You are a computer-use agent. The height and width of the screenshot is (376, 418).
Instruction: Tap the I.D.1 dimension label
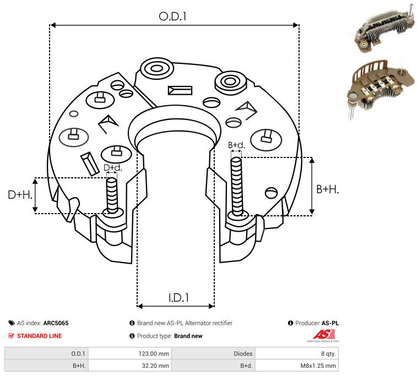[178, 298]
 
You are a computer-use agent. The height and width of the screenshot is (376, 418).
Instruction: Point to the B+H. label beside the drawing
[327, 189]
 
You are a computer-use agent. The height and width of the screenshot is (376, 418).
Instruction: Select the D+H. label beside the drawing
[20, 195]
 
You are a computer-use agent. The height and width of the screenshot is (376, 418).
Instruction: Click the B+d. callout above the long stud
[236, 145]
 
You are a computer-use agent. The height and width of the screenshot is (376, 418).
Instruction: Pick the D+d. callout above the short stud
[112, 167]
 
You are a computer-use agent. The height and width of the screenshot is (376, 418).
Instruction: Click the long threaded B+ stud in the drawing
[236, 186]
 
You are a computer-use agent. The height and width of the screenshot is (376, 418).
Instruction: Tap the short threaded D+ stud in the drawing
[112, 195]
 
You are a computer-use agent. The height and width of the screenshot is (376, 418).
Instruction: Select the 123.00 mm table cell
[154, 353]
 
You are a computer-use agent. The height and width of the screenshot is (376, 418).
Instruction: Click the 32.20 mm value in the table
[155, 366]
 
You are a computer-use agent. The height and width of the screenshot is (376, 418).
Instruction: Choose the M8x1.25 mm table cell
[318, 366]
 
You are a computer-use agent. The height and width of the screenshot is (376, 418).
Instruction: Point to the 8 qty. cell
[328, 353]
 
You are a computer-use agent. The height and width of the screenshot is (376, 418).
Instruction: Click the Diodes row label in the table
[243, 353]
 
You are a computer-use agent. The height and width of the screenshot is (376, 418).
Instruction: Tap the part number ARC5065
[56, 323]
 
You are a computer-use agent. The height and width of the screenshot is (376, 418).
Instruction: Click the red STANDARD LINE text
[40, 336]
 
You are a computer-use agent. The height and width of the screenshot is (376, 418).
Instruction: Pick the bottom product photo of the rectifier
[381, 88]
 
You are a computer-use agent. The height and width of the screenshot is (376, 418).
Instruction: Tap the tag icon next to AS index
[12, 323]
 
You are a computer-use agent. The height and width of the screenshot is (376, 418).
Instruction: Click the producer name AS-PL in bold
[330, 323]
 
